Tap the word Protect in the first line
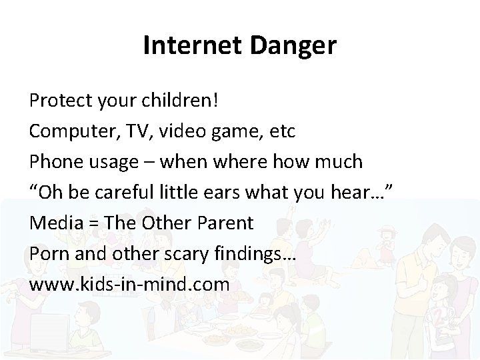click(x=59, y=101)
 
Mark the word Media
click(x=54, y=223)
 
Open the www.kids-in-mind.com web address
click(x=129, y=284)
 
